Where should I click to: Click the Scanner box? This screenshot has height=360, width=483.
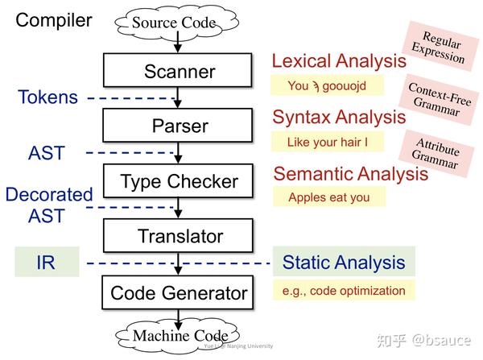point(180,71)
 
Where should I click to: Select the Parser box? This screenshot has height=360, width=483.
point(180,126)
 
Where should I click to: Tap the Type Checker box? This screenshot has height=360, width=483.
point(180,181)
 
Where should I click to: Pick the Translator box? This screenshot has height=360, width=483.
point(180,236)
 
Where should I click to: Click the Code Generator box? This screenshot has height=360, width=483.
point(180,292)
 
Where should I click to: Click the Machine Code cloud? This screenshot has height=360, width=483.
point(180,335)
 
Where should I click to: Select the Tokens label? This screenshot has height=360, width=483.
point(48,98)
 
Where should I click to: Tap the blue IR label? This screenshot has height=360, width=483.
point(46,263)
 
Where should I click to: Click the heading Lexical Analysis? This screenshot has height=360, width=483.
point(339,61)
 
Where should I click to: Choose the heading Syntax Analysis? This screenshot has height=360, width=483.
point(339,117)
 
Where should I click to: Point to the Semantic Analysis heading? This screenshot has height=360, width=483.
point(351,173)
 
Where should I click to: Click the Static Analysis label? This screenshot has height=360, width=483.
point(344,263)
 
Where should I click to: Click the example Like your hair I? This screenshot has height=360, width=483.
point(328,142)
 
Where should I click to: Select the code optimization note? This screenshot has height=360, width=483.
point(344,290)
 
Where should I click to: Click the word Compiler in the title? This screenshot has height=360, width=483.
point(54,19)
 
